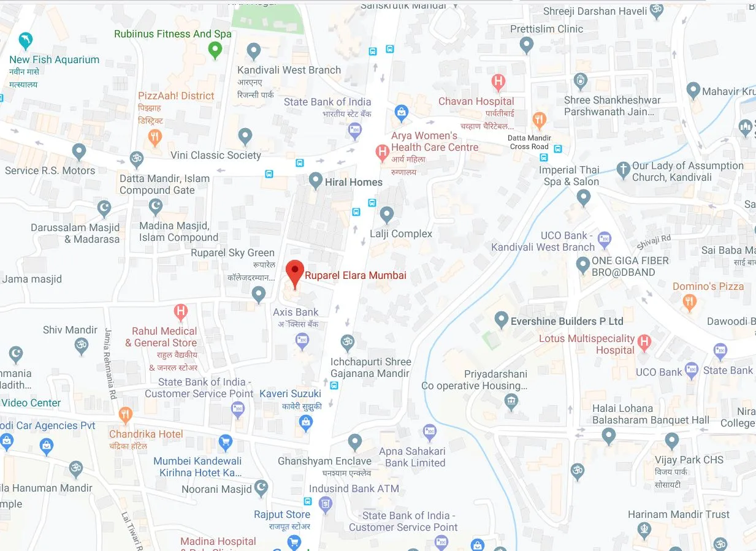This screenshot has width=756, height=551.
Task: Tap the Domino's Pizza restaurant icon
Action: pos(690,301)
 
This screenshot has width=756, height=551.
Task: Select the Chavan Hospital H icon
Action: pos(498,82)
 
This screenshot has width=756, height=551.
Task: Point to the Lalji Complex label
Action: pos(401,234)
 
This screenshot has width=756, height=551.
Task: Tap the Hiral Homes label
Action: pos(354,181)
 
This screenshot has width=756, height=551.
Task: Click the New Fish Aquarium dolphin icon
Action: pos(26,40)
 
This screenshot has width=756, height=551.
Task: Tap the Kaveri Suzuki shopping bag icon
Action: pos(305,422)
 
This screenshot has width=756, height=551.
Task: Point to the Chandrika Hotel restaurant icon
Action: pos(125,415)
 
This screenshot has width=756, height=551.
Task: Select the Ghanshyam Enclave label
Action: pos(324,461)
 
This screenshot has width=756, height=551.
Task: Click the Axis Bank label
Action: pos(296,312)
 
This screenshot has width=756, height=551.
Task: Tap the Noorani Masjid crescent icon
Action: pos(262,488)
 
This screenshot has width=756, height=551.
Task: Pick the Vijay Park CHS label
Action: pos(688,460)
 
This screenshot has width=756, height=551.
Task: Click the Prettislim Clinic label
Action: pos(546,29)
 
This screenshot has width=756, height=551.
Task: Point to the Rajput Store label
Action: pos(282,515)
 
